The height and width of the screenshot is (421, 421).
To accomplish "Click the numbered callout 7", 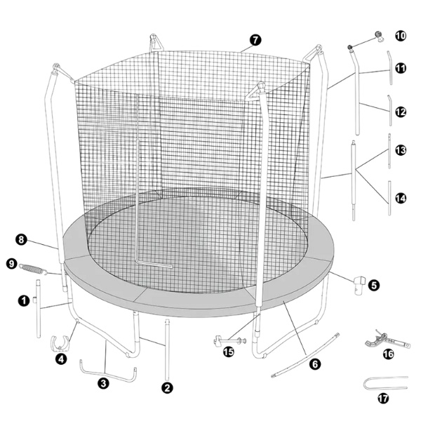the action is (x=255, y=40).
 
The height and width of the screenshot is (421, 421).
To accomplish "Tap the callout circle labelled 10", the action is (x=401, y=36).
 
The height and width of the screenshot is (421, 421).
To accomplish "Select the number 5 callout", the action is (x=374, y=285).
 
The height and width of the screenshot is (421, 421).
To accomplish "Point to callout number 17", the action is (x=383, y=399).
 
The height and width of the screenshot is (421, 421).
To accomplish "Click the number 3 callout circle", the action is (x=103, y=383).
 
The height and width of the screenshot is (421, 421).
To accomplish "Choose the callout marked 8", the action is (x=21, y=239).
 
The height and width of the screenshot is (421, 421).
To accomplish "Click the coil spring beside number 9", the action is (x=33, y=269).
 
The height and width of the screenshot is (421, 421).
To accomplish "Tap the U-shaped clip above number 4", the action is (x=60, y=344).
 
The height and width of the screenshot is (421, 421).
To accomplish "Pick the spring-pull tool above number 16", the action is (x=387, y=340).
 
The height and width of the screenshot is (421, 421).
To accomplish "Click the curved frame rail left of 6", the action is (x=305, y=356).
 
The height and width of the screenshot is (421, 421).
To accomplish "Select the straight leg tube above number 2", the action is (x=167, y=348).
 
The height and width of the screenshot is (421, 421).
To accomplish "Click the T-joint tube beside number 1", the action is (x=39, y=308).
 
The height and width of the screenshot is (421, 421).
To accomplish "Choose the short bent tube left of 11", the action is (x=389, y=67).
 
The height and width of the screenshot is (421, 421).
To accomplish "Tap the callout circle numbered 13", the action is (x=401, y=150).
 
